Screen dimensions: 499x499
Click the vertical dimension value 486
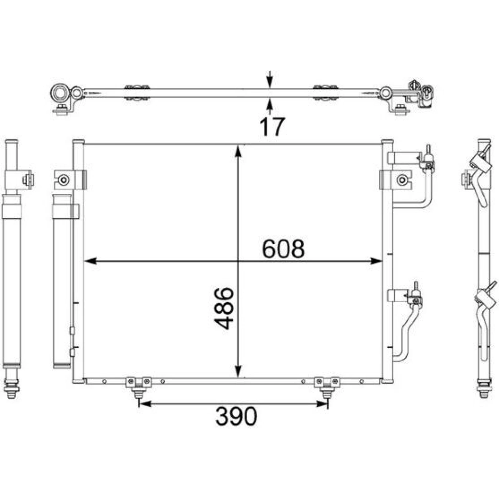click(x=224, y=308)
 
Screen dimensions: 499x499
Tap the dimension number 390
click(x=236, y=416)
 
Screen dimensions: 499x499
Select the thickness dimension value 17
click(x=272, y=126)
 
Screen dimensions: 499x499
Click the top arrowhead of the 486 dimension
click(x=238, y=151)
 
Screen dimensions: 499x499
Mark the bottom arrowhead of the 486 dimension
click(x=238, y=371)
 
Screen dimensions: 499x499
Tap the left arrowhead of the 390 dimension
click(x=145, y=404)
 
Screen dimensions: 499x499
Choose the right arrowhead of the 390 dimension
click(x=321, y=404)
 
